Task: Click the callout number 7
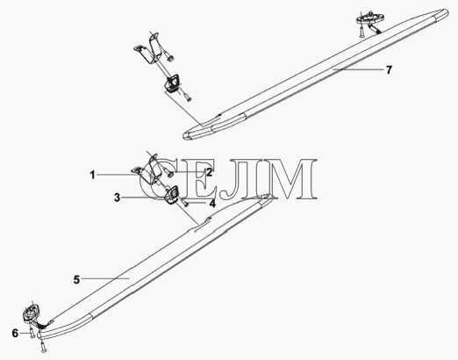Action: tap(389, 70)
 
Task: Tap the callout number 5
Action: tap(76, 279)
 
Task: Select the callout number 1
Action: tap(92, 175)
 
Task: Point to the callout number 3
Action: tap(117, 198)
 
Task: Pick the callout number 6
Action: tap(15, 333)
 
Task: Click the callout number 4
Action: tap(212, 203)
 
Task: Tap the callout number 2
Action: tap(209, 172)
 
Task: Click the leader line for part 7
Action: tap(358, 69)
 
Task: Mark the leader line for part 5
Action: tap(105, 279)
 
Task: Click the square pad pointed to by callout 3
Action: tap(172, 194)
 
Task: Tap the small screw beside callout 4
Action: tap(184, 202)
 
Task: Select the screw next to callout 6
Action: tap(32, 333)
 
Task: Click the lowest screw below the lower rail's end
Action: tap(44, 346)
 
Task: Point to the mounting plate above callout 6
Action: tap(31, 313)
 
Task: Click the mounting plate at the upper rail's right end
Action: tap(366, 18)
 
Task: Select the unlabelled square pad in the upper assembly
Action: tap(172, 83)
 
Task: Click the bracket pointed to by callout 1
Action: tap(147, 172)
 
